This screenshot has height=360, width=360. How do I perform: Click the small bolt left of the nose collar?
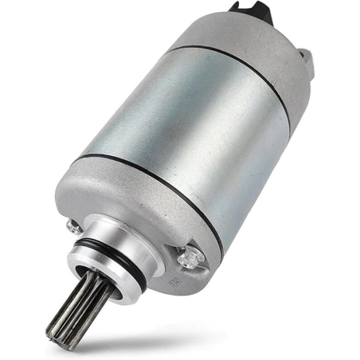point(76,228)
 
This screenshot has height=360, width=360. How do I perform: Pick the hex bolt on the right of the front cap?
point(188,256)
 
